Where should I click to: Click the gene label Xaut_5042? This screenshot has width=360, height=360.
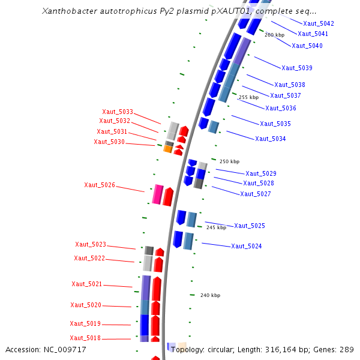[319, 23]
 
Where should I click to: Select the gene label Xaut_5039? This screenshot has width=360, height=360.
[296, 68]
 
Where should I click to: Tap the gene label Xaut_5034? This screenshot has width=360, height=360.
[270, 139]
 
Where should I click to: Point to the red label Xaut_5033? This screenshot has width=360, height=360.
[118, 112]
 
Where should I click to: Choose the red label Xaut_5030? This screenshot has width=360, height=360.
[109, 142]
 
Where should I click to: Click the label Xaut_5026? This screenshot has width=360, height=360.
[100, 185]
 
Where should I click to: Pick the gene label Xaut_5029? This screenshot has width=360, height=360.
[261, 173]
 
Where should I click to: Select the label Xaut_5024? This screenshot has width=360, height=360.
[247, 246]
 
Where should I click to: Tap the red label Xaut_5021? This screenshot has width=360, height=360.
[87, 284]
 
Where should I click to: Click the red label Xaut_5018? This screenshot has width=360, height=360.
[85, 338]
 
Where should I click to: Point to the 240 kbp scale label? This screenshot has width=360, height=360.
[210, 295]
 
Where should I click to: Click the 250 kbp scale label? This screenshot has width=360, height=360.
[229, 161]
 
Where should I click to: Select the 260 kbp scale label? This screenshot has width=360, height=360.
[274, 35]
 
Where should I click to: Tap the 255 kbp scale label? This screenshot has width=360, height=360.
[248, 97]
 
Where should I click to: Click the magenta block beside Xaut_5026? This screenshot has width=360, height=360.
[158, 195]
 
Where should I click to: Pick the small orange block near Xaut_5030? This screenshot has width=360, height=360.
[168, 149]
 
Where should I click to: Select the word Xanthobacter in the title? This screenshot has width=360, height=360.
[69, 11]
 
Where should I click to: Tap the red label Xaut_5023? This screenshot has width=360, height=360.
[91, 244]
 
